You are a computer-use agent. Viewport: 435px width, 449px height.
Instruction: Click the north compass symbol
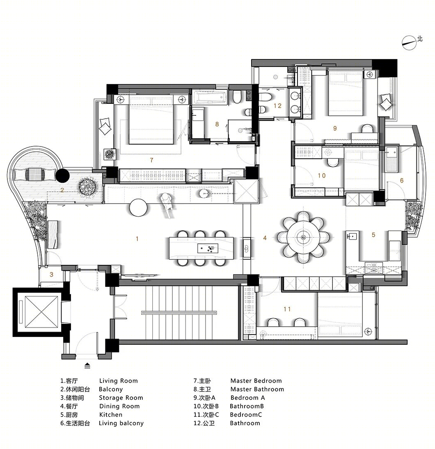409,43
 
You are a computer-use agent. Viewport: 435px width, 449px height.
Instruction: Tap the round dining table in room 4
303,237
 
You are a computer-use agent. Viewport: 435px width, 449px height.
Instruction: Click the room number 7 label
151,160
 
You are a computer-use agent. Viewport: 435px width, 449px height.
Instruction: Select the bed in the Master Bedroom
151,120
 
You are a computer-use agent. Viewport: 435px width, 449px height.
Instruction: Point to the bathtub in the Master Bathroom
210,97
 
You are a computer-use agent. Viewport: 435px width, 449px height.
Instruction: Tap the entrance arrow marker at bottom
87,366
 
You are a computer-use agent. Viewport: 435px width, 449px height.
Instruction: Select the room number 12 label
277,105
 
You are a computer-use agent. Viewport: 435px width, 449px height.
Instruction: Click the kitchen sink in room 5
352,237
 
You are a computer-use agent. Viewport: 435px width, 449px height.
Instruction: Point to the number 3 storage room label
51,274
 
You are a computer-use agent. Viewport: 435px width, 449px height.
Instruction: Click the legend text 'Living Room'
119,381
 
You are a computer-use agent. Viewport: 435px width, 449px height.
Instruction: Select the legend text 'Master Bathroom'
257,389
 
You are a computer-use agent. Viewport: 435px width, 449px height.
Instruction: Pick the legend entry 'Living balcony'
121,423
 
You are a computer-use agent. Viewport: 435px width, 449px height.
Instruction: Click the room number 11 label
287,309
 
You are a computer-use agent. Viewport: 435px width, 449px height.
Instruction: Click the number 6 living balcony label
402,181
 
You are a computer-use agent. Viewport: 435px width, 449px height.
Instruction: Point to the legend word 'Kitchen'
111,415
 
